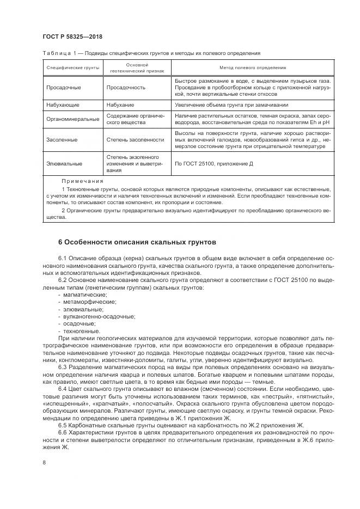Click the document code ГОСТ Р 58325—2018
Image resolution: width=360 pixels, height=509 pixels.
pos(72,36)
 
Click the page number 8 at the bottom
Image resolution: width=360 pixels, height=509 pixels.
pos(44,463)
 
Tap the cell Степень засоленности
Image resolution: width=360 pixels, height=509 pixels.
pos(135,139)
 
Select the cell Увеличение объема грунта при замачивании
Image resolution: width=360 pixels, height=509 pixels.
pos(235,105)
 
